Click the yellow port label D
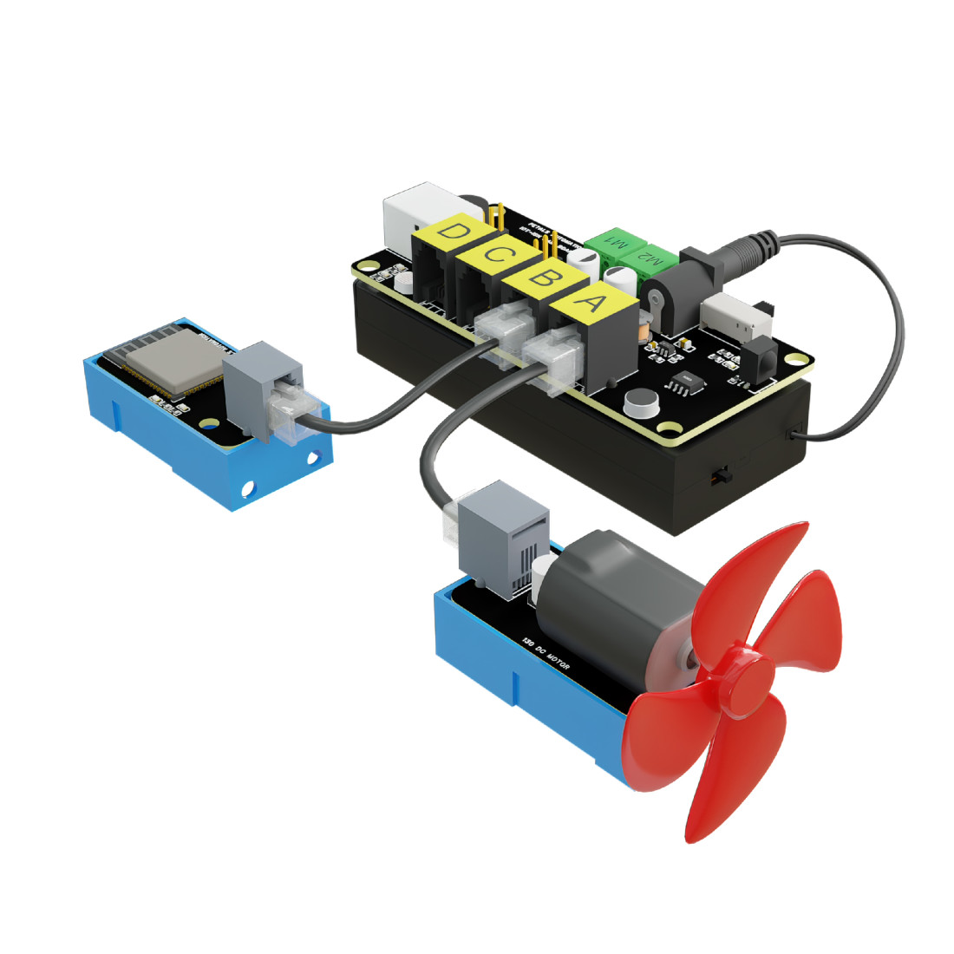[452, 232]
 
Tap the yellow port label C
[495, 255]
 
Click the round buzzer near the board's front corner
[640, 401]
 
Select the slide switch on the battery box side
[719, 476]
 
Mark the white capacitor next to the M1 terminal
[585, 260]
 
